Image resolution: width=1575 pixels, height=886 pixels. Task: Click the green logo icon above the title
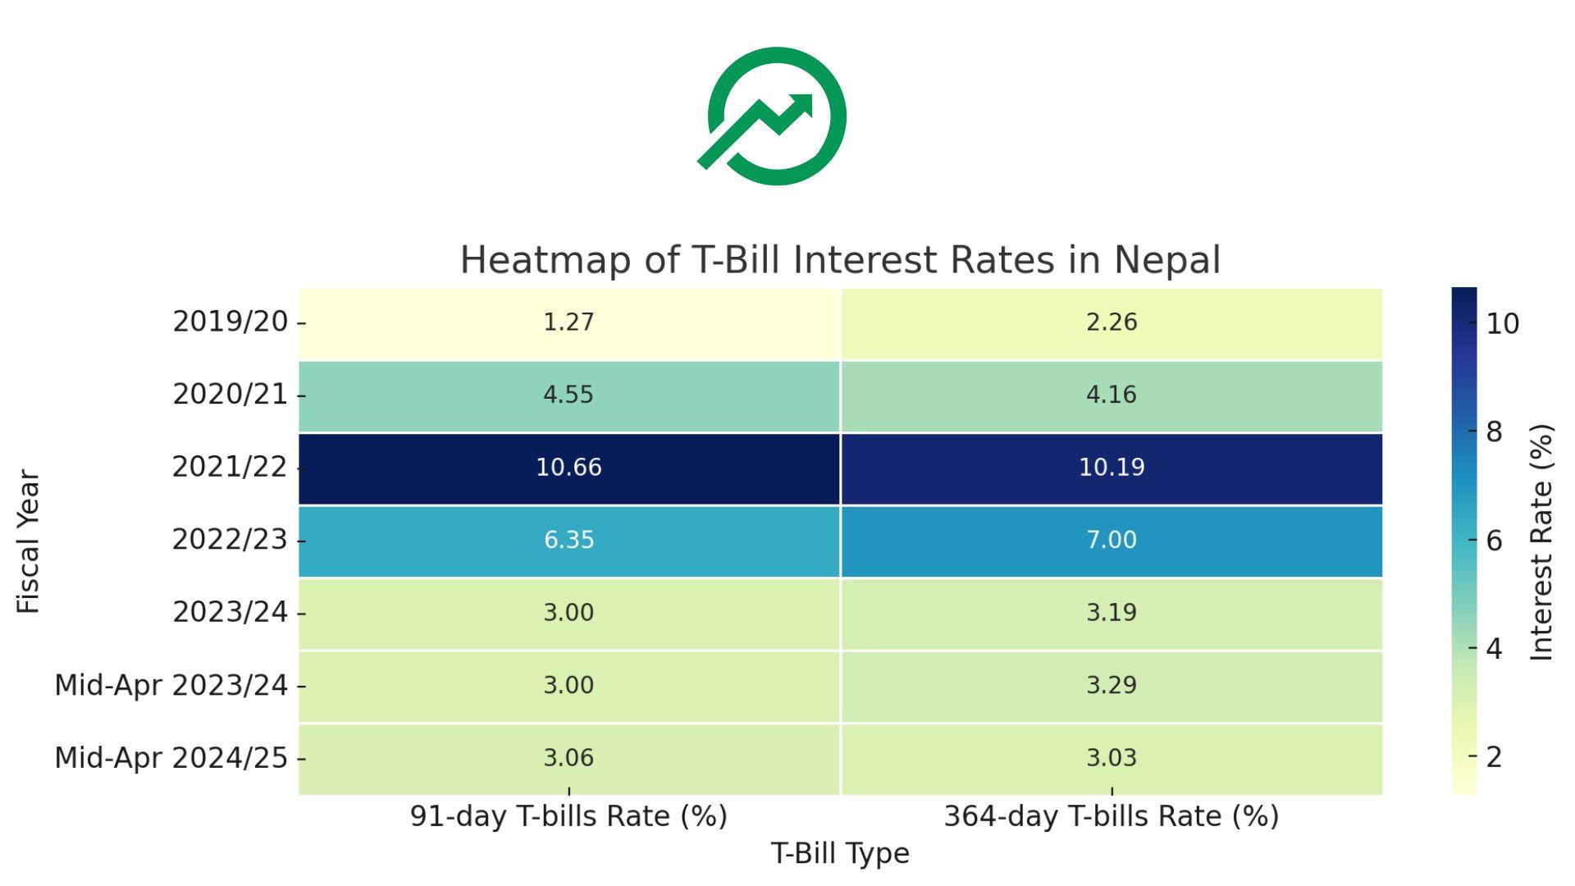pos(775,116)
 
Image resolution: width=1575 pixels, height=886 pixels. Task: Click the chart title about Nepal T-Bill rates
pos(840,260)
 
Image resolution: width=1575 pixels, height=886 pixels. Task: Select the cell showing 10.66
pos(568,468)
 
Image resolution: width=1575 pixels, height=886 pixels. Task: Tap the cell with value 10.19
pos(1112,468)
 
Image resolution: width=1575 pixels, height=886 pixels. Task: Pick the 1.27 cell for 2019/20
pos(568,322)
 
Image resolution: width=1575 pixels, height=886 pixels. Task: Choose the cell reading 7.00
pos(1112,541)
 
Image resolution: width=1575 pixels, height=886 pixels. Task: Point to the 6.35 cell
pos(568,541)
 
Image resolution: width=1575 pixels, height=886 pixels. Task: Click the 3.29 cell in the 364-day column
pos(1112,686)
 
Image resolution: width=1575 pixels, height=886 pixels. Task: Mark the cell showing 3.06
pos(568,758)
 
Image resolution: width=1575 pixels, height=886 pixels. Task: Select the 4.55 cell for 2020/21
pos(568,395)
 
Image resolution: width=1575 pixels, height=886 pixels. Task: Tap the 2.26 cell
pos(1112,322)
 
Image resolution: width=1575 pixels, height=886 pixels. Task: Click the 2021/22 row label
pos(230,468)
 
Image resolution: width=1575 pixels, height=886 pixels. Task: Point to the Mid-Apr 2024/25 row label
pos(171,758)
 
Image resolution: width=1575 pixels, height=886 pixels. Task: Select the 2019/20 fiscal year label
pos(230,322)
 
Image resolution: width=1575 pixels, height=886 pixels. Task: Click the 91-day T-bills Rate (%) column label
pos(568,816)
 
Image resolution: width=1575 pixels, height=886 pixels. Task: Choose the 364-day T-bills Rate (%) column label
pos(1112,816)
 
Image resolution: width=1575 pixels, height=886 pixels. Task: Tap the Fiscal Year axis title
pos(29,541)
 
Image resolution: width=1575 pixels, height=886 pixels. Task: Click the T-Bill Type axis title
pos(840,854)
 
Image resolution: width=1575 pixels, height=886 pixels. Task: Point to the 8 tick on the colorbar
pos(1494,432)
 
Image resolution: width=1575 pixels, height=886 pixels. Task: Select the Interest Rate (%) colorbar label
pos(1542,541)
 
